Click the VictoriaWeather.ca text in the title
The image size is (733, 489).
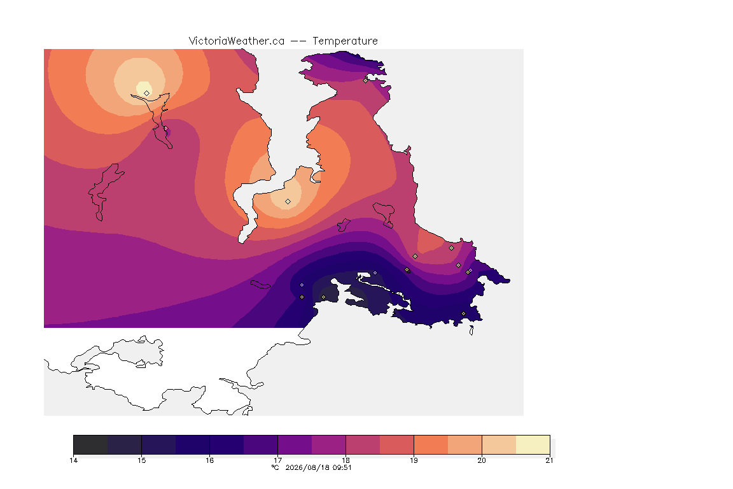tap(237, 41)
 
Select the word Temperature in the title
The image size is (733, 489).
tap(345, 41)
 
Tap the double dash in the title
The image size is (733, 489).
tap(298, 41)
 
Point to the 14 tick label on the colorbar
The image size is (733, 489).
tap(73, 460)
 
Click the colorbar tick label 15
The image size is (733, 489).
tap(142, 460)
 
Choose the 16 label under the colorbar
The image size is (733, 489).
tap(209, 460)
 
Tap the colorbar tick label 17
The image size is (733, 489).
tap(277, 460)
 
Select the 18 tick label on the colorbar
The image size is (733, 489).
tap(346, 460)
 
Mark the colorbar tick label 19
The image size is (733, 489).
tap(414, 460)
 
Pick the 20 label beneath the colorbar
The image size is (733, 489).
tap(482, 460)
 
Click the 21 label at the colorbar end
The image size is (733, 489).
tap(549, 460)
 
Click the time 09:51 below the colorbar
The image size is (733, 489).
tap(342, 467)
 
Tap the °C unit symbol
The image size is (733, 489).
tap(276, 467)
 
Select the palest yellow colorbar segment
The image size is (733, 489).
tap(533, 444)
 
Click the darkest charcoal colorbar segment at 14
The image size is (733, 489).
tap(91, 444)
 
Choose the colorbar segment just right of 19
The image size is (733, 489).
tap(431, 444)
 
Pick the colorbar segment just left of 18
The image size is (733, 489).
tap(328, 444)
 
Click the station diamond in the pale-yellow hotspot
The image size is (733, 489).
tap(147, 93)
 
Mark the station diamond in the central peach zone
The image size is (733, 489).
tap(288, 202)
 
